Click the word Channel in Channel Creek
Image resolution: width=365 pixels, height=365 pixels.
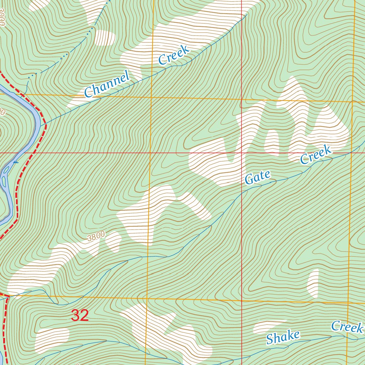(107, 84)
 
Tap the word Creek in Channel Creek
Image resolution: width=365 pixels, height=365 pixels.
(174, 56)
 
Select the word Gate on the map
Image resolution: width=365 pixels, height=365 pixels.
(258, 177)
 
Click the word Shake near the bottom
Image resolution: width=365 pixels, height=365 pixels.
(283, 337)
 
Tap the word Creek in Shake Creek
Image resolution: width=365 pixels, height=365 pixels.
(347, 327)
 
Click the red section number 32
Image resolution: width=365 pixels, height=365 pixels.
(80, 315)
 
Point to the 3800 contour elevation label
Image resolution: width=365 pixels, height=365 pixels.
(96, 236)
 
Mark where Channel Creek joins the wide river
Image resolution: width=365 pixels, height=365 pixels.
(41, 126)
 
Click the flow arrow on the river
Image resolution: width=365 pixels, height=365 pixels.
(15, 163)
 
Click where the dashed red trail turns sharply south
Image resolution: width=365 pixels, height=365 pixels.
(7, 296)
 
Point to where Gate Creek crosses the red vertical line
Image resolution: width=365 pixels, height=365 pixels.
(241, 192)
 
